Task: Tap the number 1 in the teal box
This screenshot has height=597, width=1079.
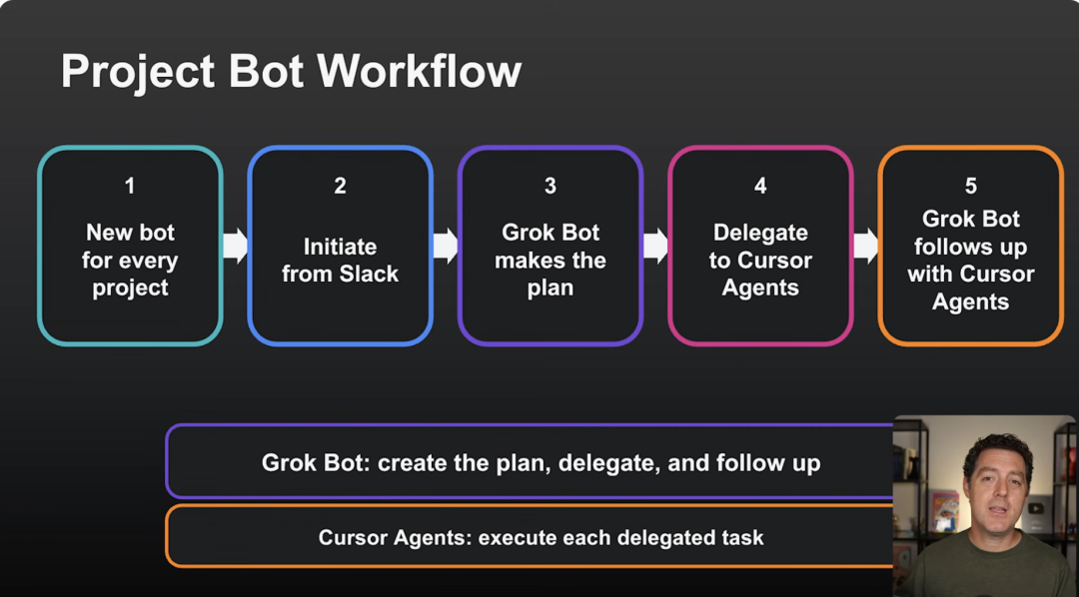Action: (x=130, y=186)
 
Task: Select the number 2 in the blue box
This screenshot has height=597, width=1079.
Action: (x=340, y=186)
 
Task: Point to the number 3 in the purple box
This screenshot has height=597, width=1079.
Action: (x=550, y=186)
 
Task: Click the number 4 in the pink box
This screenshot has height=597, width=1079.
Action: (x=760, y=186)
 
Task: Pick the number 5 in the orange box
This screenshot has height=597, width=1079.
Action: (x=971, y=186)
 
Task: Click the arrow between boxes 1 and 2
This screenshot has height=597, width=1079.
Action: (x=236, y=247)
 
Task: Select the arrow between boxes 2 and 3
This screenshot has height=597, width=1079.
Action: (x=446, y=247)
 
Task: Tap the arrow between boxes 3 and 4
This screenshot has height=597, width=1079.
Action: (x=655, y=247)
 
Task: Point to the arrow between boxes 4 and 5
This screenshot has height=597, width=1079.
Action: (x=865, y=247)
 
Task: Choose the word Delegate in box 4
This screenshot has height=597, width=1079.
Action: (x=760, y=234)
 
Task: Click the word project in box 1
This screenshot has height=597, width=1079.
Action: (x=130, y=289)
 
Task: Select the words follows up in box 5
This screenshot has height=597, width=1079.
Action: (x=971, y=247)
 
